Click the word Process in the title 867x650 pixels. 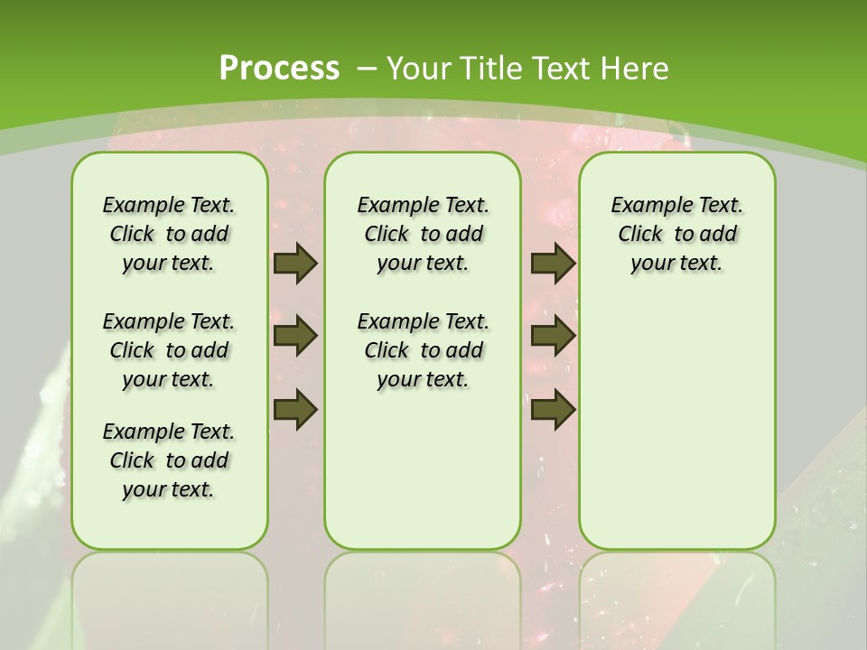tap(279, 68)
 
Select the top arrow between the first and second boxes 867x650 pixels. tap(295, 263)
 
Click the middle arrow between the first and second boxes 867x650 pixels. tap(295, 336)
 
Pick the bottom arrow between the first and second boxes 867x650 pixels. tap(295, 409)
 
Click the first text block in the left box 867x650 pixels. tap(169, 234)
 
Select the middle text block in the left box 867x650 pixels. tap(169, 350)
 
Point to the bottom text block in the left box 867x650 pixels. tap(169, 460)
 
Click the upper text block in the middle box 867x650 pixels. tap(423, 234)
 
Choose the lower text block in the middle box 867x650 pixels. tap(423, 350)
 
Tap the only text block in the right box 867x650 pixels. tap(676, 234)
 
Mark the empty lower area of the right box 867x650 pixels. tap(676, 424)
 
